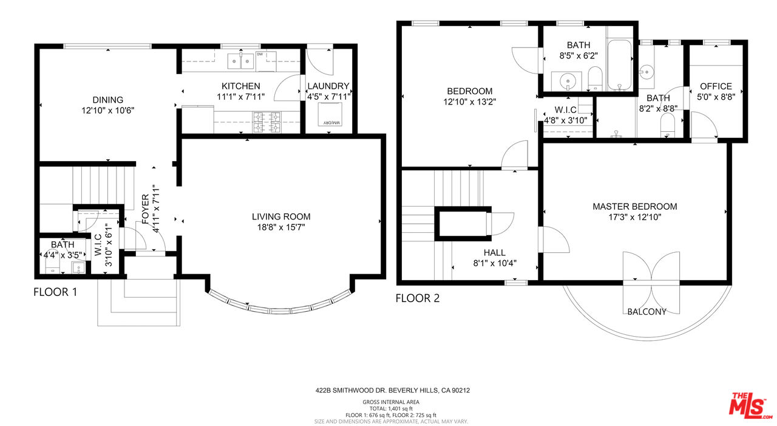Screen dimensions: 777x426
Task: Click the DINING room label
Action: tap(108, 100)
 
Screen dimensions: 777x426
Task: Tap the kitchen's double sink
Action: tap(241, 61)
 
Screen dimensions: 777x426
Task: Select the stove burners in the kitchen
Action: tap(266, 122)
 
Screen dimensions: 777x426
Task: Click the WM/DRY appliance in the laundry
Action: tap(330, 114)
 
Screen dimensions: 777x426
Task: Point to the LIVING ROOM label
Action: tap(281, 216)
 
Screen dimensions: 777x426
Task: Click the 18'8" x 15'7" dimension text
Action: tap(281, 227)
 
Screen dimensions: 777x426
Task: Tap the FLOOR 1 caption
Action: tap(55, 292)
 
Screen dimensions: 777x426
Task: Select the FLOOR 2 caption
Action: tap(418, 298)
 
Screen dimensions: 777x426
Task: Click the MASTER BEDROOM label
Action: tap(635, 207)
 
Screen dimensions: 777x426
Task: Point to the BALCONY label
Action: tap(647, 312)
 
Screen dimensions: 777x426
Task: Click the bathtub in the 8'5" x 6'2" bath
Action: tap(620, 65)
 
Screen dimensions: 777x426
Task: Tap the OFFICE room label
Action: tap(716, 86)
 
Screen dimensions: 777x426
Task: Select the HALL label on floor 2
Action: tap(495, 253)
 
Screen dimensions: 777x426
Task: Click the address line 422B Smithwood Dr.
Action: tap(393, 391)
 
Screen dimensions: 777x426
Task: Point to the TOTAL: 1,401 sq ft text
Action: tap(391, 408)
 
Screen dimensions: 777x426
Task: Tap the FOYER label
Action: tap(146, 209)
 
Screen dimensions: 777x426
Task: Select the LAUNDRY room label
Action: tap(328, 86)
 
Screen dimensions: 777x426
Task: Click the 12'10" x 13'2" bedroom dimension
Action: tap(470, 102)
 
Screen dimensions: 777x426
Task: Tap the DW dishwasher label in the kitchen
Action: tap(259, 54)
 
